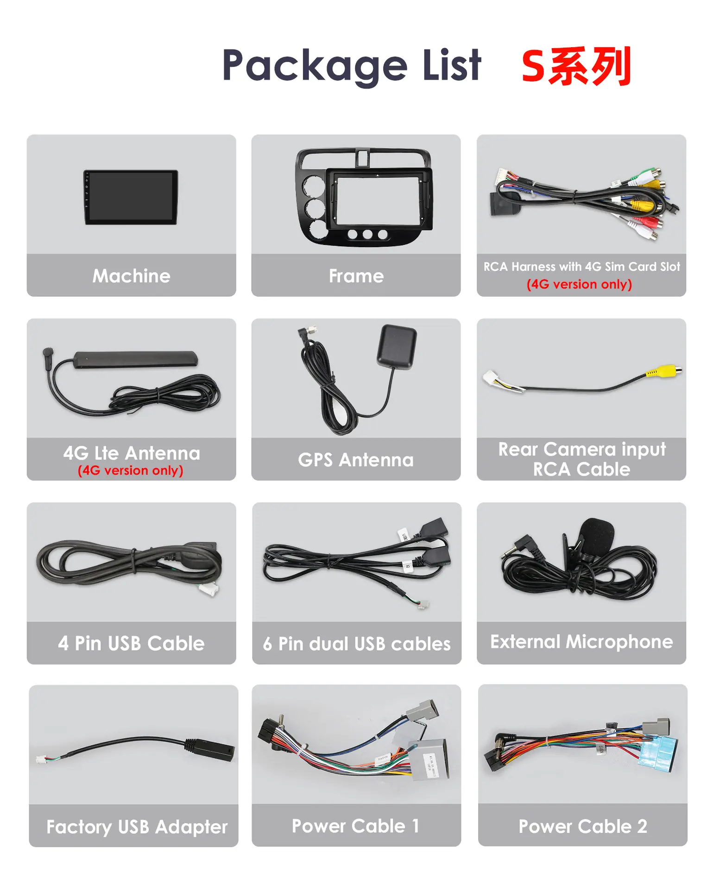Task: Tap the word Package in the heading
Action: coord(315,66)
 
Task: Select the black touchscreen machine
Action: coord(131,197)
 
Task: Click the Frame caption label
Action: coord(356,276)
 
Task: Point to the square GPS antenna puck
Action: coord(397,347)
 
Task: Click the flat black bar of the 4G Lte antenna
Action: coord(135,359)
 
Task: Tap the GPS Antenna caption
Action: coord(356,460)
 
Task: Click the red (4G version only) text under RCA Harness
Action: coord(579,284)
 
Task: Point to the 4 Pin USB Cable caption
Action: coord(131,643)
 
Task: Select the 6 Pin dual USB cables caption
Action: coord(357,644)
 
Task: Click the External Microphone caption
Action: coord(581,642)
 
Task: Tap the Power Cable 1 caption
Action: coord(356,826)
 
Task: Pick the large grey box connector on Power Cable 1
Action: coord(429,760)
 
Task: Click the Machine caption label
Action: coord(132,276)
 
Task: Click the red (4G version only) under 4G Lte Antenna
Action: coord(131,470)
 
